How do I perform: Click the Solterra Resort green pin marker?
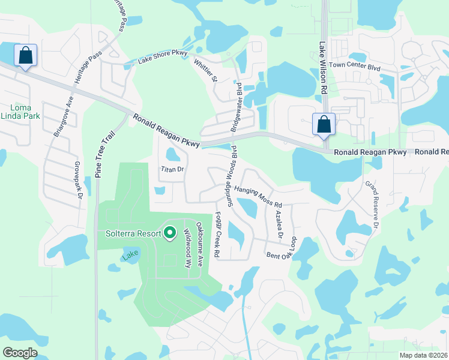[170, 232]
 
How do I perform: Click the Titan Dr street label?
[171, 170]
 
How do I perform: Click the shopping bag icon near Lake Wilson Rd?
[324, 124]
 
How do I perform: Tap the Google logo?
[20, 353]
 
